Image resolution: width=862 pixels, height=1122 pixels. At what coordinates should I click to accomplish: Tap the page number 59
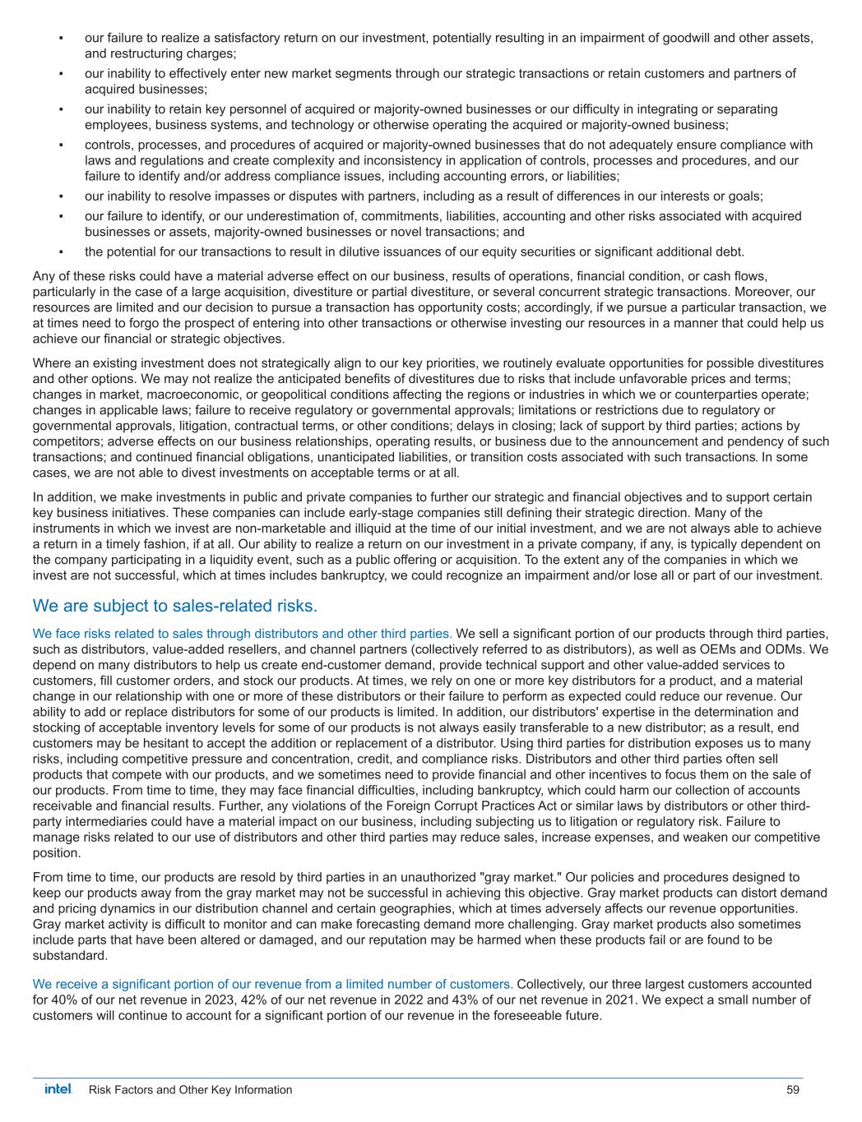coord(793,1090)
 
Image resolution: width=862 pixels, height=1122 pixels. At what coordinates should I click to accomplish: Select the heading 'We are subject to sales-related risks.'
coord(174,607)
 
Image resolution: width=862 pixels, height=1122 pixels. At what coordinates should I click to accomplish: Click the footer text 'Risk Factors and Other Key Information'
coord(190,1090)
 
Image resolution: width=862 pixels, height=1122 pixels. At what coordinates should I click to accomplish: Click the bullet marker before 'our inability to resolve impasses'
coord(62,196)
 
